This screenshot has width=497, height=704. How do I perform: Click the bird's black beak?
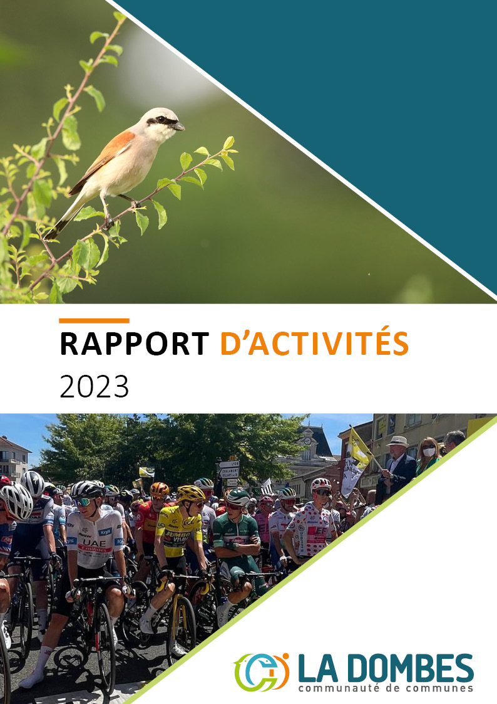(x=178, y=126)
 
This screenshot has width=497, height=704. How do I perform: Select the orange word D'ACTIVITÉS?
(x=315, y=342)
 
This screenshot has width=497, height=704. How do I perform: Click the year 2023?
(x=94, y=386)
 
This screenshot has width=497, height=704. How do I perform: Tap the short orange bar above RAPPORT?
(x=94, y=320)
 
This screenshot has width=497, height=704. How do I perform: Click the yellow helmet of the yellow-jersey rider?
(x=190, y=493)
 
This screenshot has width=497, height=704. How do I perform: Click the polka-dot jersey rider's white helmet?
(x=321, y=484)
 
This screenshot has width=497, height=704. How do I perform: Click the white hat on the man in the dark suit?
(x=397, y=441)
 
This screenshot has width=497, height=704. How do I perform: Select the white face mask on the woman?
(x=429, y=451)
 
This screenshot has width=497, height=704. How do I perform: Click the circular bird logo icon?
(x=261, y=672)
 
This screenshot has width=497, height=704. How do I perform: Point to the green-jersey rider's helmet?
(x=237, y=496)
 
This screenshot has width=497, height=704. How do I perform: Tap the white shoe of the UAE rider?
(x=31, y=680)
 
